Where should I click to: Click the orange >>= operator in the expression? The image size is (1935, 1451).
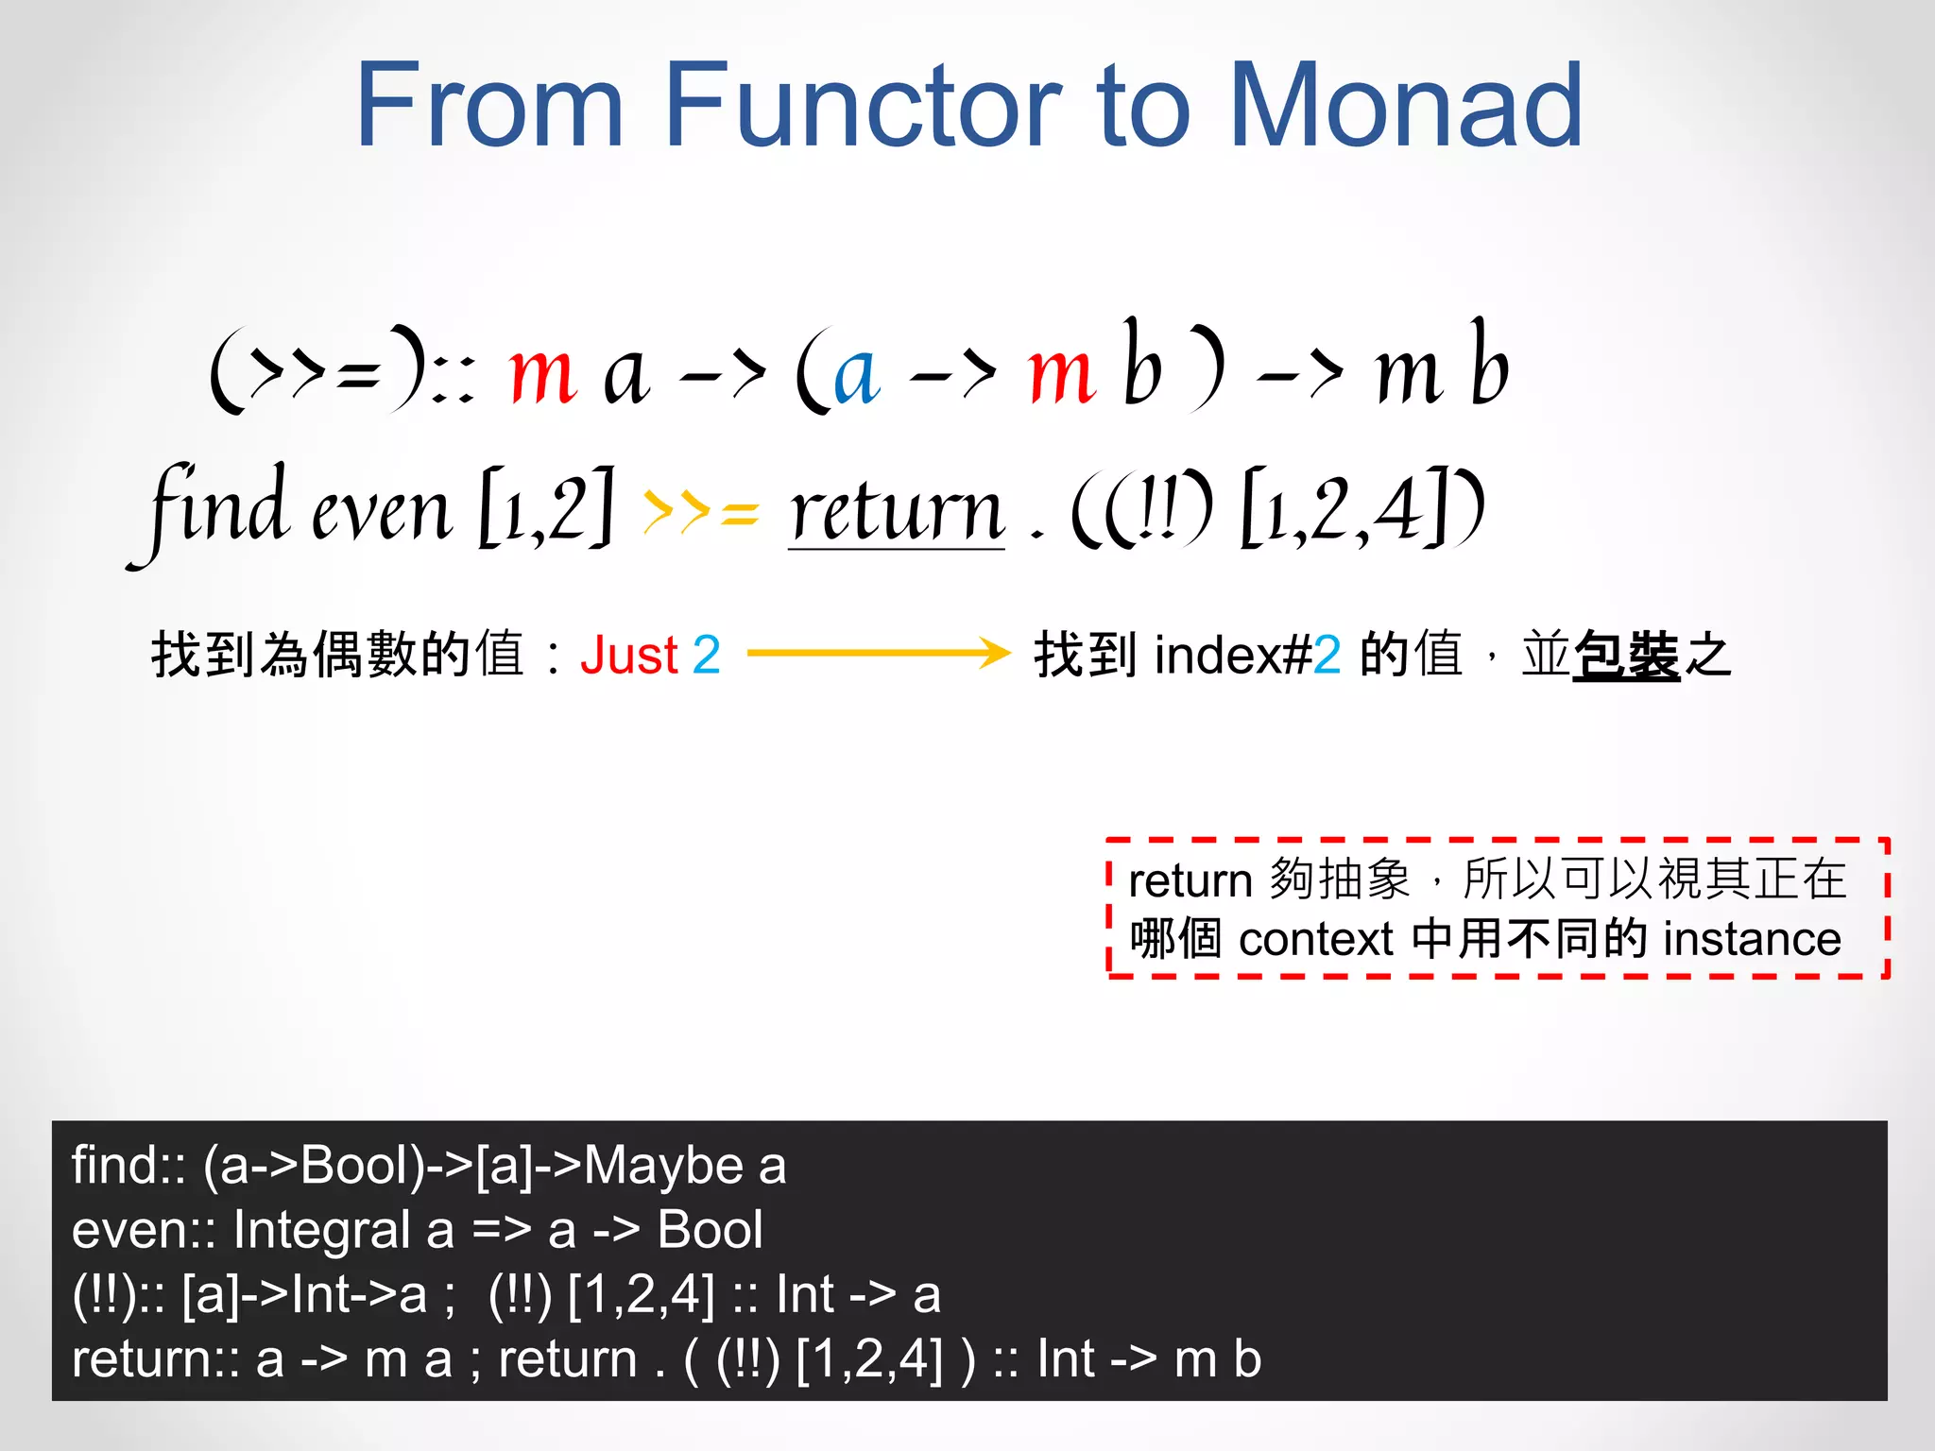[700, 513]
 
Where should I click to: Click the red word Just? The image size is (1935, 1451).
[629, 655]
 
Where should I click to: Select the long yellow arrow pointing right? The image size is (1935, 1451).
[879, 653]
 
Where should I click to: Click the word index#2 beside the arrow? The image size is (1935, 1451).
[1247, 655]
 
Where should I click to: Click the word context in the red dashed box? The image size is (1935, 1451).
[1315, 939]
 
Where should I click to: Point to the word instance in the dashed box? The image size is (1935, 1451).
[1752, 939]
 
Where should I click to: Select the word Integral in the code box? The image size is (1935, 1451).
[322, 1230]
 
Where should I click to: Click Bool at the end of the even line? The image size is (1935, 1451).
[710, 1230]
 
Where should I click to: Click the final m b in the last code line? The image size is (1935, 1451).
[1217, 1359]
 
